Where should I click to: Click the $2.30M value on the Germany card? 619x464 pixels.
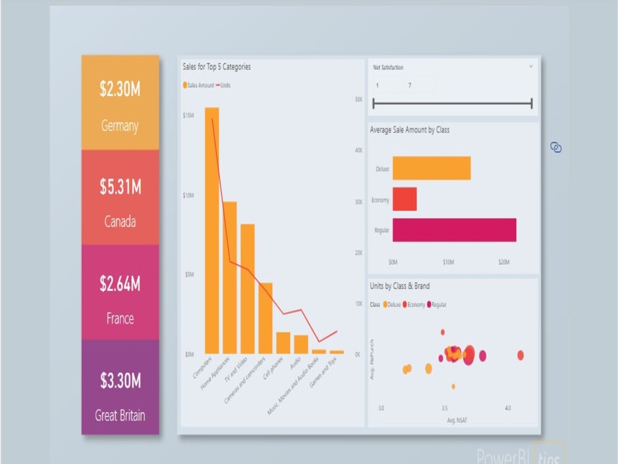[120, 90]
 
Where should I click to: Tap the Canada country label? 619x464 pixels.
[120, 221]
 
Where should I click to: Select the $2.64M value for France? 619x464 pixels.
[120, 284]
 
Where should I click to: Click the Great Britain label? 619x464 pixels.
[120, 415]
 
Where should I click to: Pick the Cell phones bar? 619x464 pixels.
[283, 343]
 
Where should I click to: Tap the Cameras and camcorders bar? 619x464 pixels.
[266, 318]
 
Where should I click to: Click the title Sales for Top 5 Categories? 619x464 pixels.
[217, 67]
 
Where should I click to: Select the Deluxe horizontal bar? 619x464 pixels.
[431, 168]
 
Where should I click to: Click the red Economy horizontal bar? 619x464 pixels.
[404, 199]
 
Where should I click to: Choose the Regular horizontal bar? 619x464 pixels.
[454, 230]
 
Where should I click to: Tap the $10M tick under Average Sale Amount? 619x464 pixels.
[448, 262]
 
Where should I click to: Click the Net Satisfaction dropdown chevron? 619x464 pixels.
[531, 66]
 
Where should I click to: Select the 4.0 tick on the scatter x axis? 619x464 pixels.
[508, 408]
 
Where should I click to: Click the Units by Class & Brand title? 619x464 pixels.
[399, 286]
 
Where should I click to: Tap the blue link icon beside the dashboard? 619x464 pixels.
[556, 147]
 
